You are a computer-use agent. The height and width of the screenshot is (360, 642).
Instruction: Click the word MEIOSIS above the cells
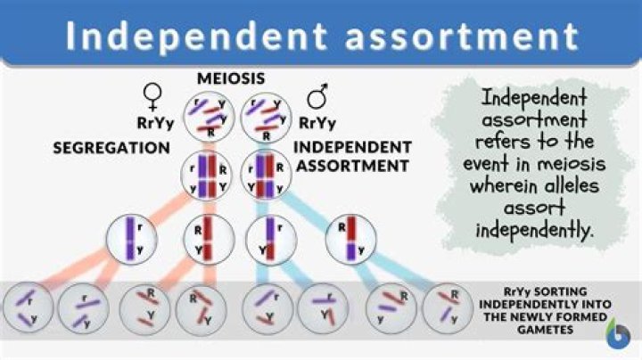[x=231, y=78]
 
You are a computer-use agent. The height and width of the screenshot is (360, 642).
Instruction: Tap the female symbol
[x=152, y=97]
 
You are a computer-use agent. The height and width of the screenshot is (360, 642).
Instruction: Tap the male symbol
[x=318, y=95]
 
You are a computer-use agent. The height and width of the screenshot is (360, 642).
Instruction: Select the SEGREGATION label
[x=111, y=148]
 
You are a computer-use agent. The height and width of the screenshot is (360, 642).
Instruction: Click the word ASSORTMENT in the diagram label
[x=352, y=166]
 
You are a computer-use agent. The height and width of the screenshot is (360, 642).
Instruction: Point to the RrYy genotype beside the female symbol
[x=155, y=123]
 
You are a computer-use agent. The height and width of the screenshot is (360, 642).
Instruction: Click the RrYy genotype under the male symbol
[x=317, y=123]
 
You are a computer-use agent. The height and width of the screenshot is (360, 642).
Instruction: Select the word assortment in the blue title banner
[x=462, y=37]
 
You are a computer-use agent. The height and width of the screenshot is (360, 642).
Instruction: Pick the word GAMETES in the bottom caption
[x=545, y=330]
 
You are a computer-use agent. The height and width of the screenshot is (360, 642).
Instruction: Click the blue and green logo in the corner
[x=618, y=333]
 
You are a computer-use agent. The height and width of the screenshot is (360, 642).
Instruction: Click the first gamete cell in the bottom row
[x=28, y=307]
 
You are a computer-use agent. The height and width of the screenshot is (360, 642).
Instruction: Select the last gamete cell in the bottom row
[x=448, y=308]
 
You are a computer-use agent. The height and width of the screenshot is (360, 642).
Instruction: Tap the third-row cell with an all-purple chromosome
[x=131, y=240]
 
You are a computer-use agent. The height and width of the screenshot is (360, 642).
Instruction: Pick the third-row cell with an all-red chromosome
[x=210, y=240]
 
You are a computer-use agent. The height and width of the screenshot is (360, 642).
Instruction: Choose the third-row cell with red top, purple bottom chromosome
[x=351, y=240]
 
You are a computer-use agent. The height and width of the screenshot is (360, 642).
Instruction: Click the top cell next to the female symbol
[x=209, y=117]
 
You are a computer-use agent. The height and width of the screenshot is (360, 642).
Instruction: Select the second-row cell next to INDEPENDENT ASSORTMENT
[x=266, y=175]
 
